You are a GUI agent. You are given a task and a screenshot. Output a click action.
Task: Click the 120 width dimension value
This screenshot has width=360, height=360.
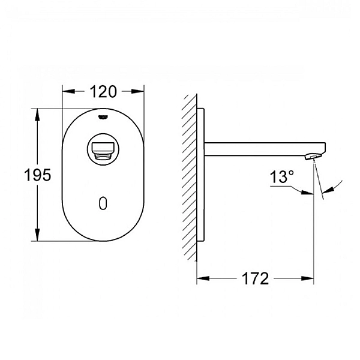point(103,92)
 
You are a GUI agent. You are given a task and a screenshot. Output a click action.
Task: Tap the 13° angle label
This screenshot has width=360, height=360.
point(283,177)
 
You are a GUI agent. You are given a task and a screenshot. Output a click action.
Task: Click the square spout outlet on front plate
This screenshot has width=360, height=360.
point(103,148)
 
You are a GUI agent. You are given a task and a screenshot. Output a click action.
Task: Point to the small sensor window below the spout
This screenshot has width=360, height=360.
point(103,203)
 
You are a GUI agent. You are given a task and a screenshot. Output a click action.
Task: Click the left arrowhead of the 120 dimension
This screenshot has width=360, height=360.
point(66,92)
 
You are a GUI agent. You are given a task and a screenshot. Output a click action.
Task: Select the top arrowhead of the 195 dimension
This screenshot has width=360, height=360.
point(38,113)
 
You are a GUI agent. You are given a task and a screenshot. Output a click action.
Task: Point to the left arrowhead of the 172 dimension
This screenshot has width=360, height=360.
point(202,278)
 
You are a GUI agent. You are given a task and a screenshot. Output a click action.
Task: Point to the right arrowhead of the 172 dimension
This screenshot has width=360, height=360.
point(309,278)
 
